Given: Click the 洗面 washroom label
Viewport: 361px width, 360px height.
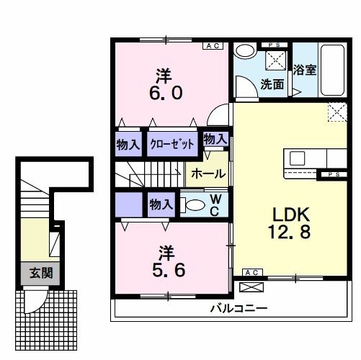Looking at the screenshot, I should [x=272, y=84].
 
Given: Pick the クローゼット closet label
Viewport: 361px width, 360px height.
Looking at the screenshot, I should [x=172, y=143].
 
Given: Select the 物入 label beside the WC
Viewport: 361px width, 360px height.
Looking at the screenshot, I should [x=161, y=204].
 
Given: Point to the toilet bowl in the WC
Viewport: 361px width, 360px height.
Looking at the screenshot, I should [x=192, y=204].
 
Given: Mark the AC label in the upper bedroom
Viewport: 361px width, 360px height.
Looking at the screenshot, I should [x=214, y=45].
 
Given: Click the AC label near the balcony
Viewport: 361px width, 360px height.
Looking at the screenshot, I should [x=251, y=273].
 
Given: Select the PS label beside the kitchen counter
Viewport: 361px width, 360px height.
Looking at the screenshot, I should [x=331, y=174].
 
